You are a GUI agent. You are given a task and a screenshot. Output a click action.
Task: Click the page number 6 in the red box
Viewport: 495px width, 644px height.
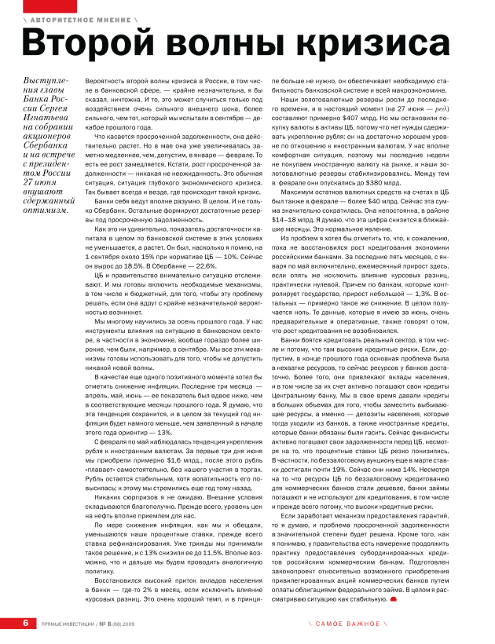click(x=26, y=623)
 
